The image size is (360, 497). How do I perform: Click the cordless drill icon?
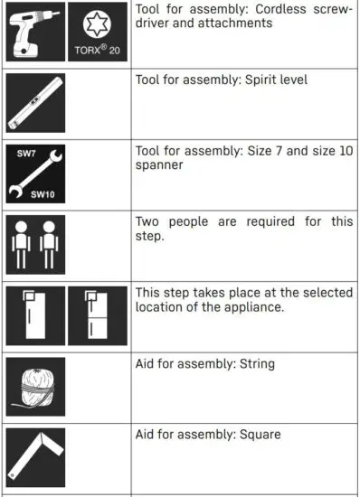click(x=35, y=32)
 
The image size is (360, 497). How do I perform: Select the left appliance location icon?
click(x=35, y=316)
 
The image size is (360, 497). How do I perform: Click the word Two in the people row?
click(x=149, y=221)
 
